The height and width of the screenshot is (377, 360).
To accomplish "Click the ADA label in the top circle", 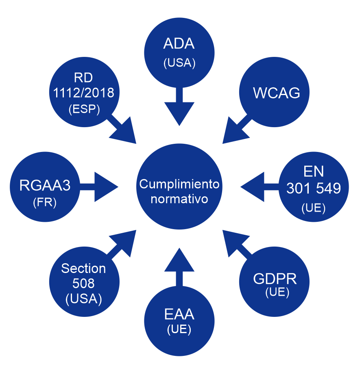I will (179, 43).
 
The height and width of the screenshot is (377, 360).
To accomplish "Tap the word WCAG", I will (277, 93).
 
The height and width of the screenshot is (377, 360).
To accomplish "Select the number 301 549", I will (314, 188).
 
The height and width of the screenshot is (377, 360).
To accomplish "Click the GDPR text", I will (275, 279).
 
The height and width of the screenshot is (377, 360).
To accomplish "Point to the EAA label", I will (179, 314).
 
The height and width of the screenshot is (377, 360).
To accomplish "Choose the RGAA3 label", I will (45, 186).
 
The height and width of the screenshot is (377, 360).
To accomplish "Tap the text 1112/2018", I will (83, 93).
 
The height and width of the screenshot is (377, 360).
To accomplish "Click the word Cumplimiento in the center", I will (179, 184).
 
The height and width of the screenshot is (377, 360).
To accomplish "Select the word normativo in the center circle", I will (179, 199).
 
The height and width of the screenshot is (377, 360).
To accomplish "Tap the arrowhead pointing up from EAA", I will (179, 260).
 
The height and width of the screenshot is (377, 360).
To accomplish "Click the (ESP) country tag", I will (84, 110).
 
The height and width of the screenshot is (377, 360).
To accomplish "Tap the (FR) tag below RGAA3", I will (45, 202).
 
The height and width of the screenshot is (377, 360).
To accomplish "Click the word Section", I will (83, 269).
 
